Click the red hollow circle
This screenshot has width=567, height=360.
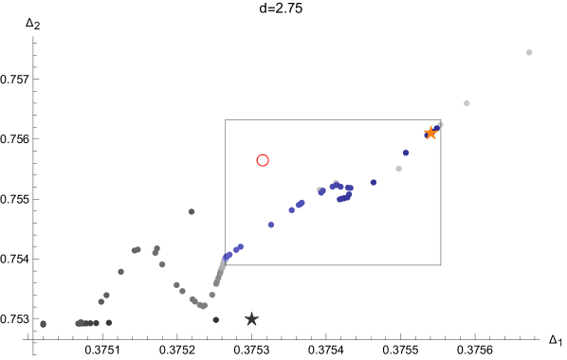(263, 160)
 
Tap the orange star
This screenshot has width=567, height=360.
(430, 133)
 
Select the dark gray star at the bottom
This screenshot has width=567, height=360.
(251, 319)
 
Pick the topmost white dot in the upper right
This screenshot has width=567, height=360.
(529, 52)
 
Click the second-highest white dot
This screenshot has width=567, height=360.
(466, 102)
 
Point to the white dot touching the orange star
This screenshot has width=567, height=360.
(440, 124)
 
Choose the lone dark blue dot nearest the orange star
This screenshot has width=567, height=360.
(406, 153)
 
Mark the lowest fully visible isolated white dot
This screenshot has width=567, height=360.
(398, 169)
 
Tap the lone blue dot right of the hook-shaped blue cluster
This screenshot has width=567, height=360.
(374, 182)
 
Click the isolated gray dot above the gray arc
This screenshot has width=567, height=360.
(192, 211)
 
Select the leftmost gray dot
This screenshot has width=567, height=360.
(43, 324)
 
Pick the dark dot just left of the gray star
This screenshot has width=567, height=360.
(215, 319)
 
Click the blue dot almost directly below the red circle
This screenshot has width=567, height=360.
(271, 225)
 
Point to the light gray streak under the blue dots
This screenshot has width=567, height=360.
(220, 273)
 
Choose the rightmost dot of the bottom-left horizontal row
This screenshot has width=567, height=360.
(108, 322)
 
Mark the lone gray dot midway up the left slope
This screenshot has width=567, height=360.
(120, 271)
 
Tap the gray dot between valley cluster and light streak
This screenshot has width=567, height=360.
(211, 295)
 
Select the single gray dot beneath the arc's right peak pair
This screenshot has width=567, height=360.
(162, 264)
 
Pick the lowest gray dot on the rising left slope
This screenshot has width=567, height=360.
(101, 301)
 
